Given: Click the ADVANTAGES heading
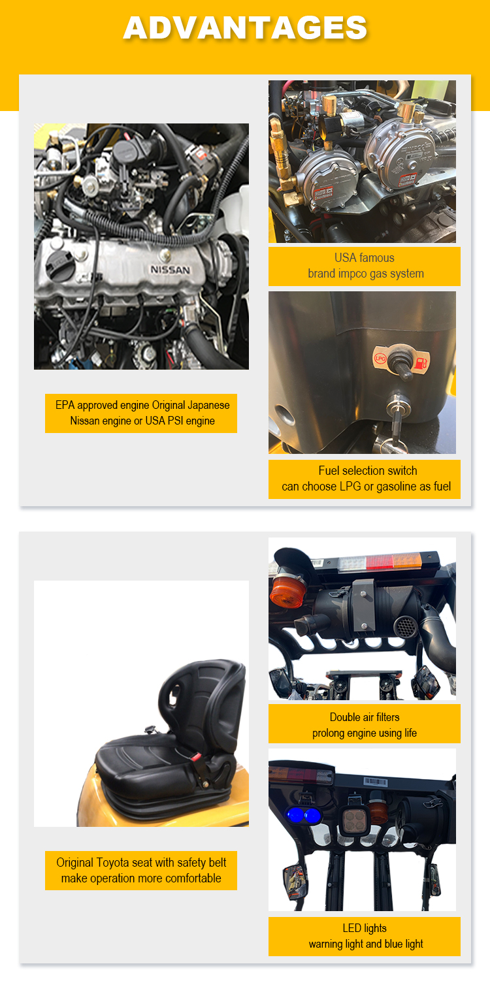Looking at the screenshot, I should (x=245, y=27).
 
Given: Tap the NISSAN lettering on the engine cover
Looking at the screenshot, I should (x=171, y=270).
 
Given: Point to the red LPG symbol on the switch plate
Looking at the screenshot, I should (x=379, y=359).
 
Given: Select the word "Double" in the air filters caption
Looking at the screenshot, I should (x=347, y=717).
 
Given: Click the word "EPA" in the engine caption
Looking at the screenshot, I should (x=65, y=406).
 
